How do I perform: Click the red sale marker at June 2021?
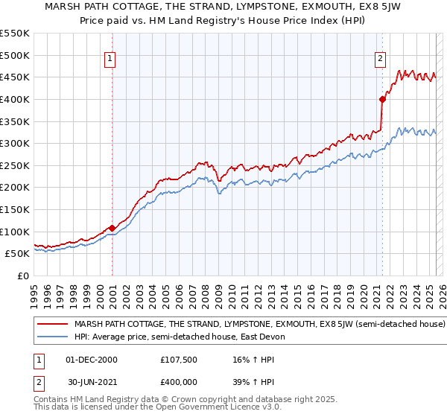click(x=382, y=98)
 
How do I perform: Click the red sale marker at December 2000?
click(x=112, y=228)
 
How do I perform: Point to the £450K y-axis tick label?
click(x=15, y=77)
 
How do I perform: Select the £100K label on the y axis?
click(x=15, y=232)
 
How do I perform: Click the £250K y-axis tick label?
click(x=15, y=165)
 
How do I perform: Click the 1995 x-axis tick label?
click(x=34, y=290)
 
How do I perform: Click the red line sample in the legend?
click(x=53, y=325)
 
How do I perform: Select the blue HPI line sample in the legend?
click(x=53, y=337)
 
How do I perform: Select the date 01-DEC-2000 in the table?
click(x=91, y=360)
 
